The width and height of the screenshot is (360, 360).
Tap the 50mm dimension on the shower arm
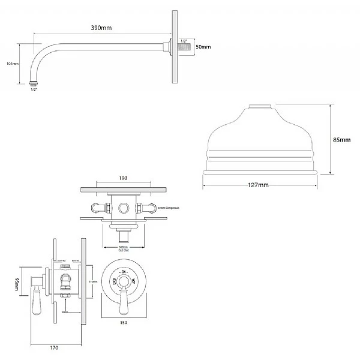(203, 46)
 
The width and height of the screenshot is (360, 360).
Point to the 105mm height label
(11, 63)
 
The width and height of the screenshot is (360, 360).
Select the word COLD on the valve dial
(113, 280)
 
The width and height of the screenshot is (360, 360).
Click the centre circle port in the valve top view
(125, 208)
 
